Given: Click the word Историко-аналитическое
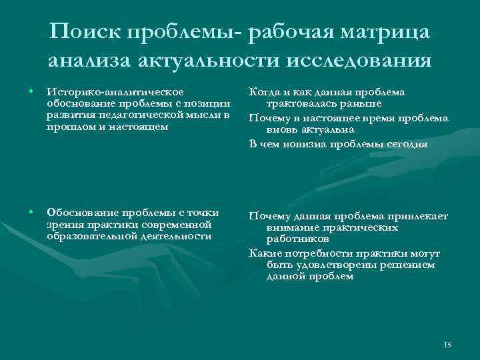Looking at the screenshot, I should pos(113,91).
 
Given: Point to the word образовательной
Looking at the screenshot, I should pos(87,236).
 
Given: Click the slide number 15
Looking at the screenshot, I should pos(447,344).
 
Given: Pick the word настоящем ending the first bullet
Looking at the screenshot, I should pos(137,127).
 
